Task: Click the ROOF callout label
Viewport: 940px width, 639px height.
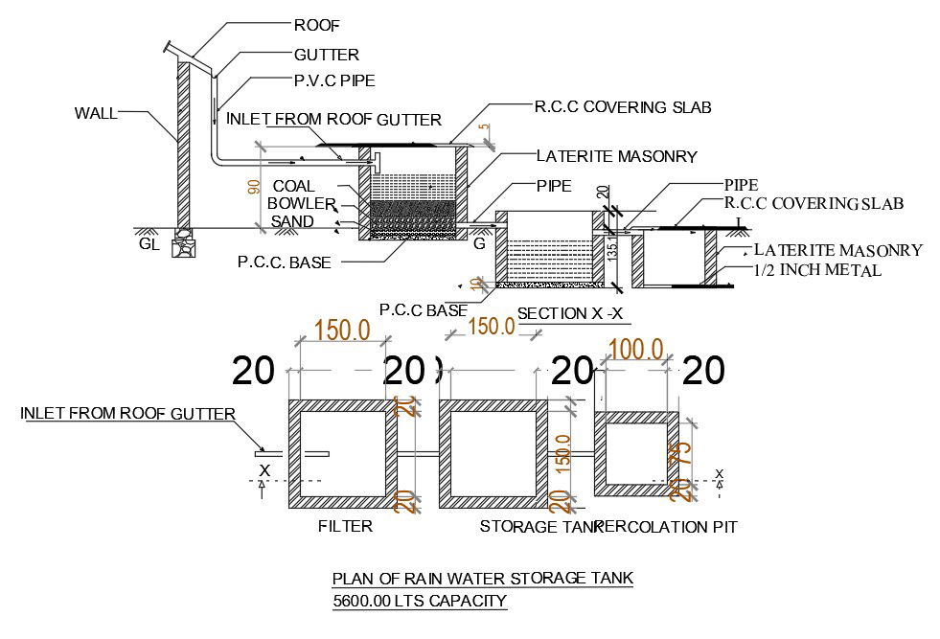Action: [316, 25]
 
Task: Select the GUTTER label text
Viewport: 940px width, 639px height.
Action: [326, 56]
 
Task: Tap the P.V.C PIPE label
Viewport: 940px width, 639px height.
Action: [335, 80]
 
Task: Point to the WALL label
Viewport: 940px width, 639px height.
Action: [96, 113]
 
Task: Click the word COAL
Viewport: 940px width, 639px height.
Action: [293, 186]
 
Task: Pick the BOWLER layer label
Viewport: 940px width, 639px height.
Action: [300, 203]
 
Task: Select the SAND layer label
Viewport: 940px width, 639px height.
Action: [291, 221]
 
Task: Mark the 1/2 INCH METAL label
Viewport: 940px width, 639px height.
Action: [816, 270]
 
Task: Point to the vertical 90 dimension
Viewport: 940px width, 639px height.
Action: [254, 187]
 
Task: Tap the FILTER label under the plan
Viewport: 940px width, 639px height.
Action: [344, 526]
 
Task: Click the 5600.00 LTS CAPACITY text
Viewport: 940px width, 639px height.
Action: [418, 601]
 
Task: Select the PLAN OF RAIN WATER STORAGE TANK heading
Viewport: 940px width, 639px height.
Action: [482, 578]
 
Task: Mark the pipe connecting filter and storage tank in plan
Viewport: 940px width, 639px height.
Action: [417, 453]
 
